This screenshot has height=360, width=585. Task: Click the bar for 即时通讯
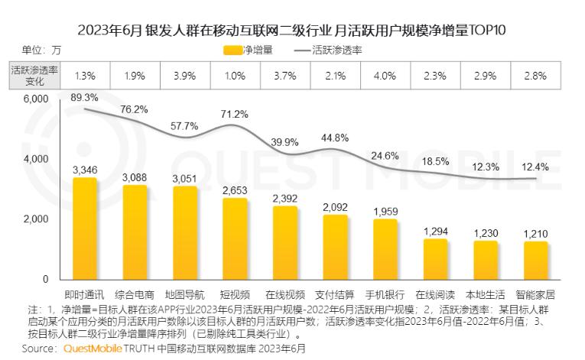[85, 229]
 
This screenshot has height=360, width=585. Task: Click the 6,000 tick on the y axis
[35, 99]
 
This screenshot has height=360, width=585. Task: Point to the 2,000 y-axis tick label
[35, 219]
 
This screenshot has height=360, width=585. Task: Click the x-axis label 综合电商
[135, 295]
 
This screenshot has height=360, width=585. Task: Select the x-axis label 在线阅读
[435, 295]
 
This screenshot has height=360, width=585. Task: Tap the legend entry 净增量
[243, 50]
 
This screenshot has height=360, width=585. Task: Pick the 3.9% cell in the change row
[186, 75]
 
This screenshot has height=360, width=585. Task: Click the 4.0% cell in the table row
[385, 75]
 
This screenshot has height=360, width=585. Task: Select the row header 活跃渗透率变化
[34, 75]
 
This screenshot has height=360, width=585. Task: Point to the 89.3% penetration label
[85, 97]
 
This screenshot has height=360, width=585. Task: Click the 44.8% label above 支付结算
[335, 138]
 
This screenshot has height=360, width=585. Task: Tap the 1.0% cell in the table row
[236, 75]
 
